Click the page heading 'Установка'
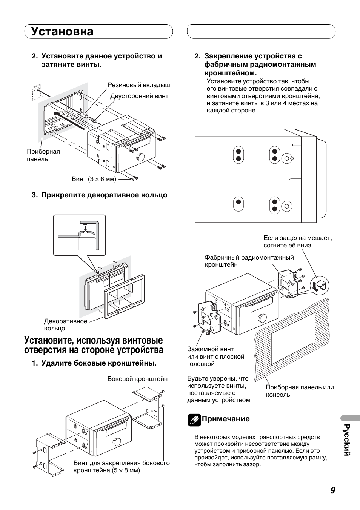click(x=62, y=31)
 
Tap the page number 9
click(x=332, y=490)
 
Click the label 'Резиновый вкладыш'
click(x=139, y=85)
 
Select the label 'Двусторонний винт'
click(x=139, y=96)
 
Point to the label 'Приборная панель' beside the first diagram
click(x=43, y=155)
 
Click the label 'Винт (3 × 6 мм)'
click(x=94, y=179)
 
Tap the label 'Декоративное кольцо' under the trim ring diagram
click(x=65, y=325)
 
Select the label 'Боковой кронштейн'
click(x=137, y=379)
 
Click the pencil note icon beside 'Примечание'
click(x=194, y=419)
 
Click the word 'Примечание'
click(x=226, y=419)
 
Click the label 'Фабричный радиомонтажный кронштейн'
click(x=249, y=261)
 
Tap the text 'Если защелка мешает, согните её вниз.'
click(x=297, y=242)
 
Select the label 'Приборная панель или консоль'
click(x=300, y=391)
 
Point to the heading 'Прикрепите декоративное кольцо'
click(x=104, y=195)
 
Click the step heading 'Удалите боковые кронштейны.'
click(x=98, y=363)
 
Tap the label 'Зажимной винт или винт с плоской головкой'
click(x=215, y=356)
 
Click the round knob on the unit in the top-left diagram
click(x=140, y=157)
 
